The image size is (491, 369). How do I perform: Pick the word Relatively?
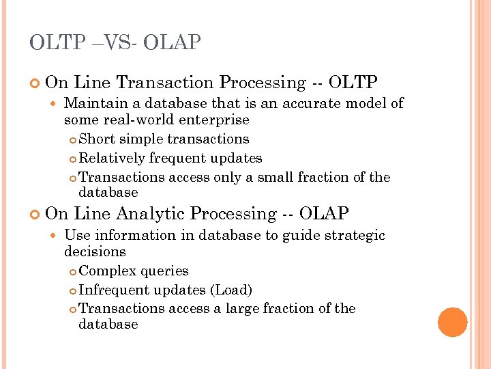(113, 159)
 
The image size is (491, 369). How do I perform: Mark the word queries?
(164, 271)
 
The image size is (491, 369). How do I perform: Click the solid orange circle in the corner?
(452, 322)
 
